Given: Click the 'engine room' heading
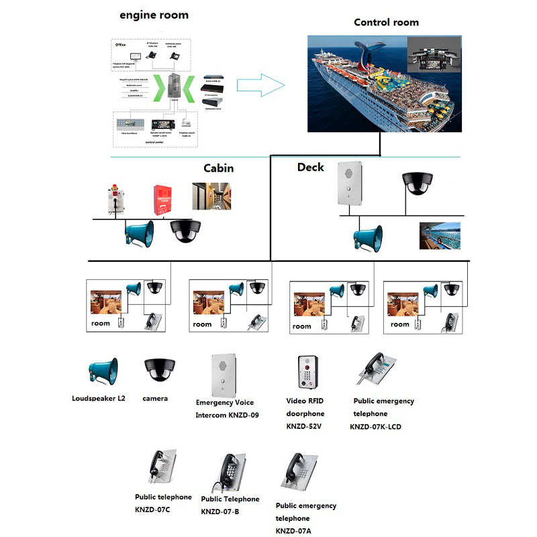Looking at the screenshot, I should click(154, 15).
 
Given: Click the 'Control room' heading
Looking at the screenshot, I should click(386, 22).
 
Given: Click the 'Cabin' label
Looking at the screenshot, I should click(218, 168).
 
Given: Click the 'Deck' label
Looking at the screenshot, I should click(310, 167).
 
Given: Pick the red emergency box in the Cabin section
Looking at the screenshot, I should click(162, 199).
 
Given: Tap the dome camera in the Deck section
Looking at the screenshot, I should click(419, 183).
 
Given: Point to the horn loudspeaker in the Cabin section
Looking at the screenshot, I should click(139, 233).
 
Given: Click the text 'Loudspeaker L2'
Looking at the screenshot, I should click(99, 399).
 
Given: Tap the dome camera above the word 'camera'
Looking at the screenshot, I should click(159, 368).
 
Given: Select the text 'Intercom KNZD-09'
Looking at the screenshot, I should click(227, 415).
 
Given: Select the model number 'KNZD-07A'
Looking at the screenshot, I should click(293, 531).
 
